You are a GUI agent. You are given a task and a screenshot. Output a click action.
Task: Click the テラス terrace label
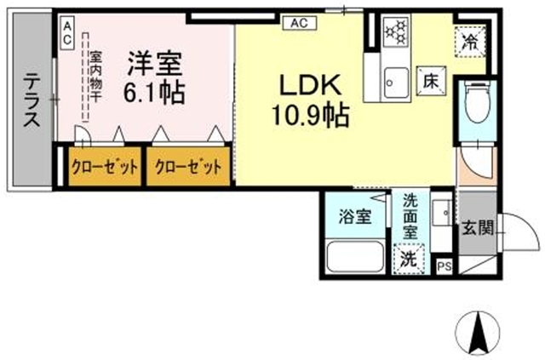(x=32, y=100)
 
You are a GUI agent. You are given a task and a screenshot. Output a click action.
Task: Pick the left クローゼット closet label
(x=104, y=167)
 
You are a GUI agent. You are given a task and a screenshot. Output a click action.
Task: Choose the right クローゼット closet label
(x=187, y=167)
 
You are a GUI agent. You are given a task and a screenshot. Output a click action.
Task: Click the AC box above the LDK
(x=299, y=23)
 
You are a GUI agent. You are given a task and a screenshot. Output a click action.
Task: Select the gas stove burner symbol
(x=394, y=32)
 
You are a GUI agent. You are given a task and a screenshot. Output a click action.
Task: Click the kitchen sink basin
(x=393, y=82)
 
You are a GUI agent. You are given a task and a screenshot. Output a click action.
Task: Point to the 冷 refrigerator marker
(x=470, y=39)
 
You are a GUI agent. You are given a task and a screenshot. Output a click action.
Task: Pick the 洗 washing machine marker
(x=410, y=258)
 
